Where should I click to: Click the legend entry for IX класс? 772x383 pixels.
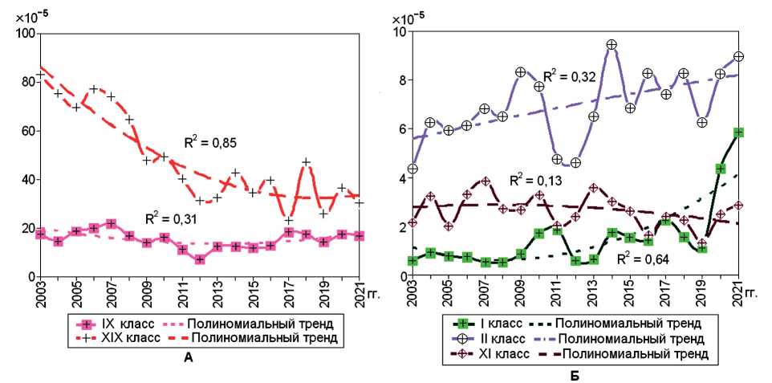pos(111,324)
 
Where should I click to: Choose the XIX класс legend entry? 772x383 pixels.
pos(113,339)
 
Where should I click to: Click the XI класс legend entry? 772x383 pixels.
pos(490,353)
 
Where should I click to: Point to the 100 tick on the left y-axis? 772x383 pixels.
pos(22,33)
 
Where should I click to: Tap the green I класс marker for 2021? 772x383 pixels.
pos(739,132)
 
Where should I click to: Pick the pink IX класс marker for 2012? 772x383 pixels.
pos(200,259)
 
